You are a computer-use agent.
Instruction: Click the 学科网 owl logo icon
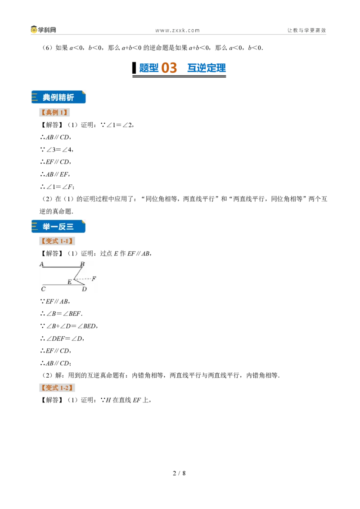pyautogui.click(x=34, y=30)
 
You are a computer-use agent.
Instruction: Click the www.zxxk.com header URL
pyautogui.click(x=177, y=31)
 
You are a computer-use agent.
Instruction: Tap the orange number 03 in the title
pyautogui.click(x=169, y=68)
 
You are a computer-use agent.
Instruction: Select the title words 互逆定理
pyautogui.click(x=206, y=68)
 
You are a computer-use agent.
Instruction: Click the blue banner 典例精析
pyautogui.click(x=58, y=97)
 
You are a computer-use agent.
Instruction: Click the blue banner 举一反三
pyautogui.click(x=58, y=226)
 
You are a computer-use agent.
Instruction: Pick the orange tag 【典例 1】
pyautogui.click(x=54, y=112)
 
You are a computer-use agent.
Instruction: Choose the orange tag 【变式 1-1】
pyautogui.click(x=57, y=241)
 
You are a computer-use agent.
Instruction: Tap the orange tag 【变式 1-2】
pyautogui.click(x=57, y=388)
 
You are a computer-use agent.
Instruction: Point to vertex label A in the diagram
pyautogui.click(x=41, y=264)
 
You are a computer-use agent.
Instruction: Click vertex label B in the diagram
pyautogui.click(x=82, y=264)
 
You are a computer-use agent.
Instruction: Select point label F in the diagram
pyautogui.click(x=94, y=278)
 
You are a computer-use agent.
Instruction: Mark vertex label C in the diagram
pyautogui.click(x=43, y=289)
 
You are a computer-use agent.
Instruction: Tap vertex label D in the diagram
pyautogui.click(x=84, y=289)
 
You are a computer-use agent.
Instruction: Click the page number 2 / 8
pyautogui.click(x=180, y=473)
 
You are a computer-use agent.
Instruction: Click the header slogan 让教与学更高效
pyautogui.click(x=306, y=30)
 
